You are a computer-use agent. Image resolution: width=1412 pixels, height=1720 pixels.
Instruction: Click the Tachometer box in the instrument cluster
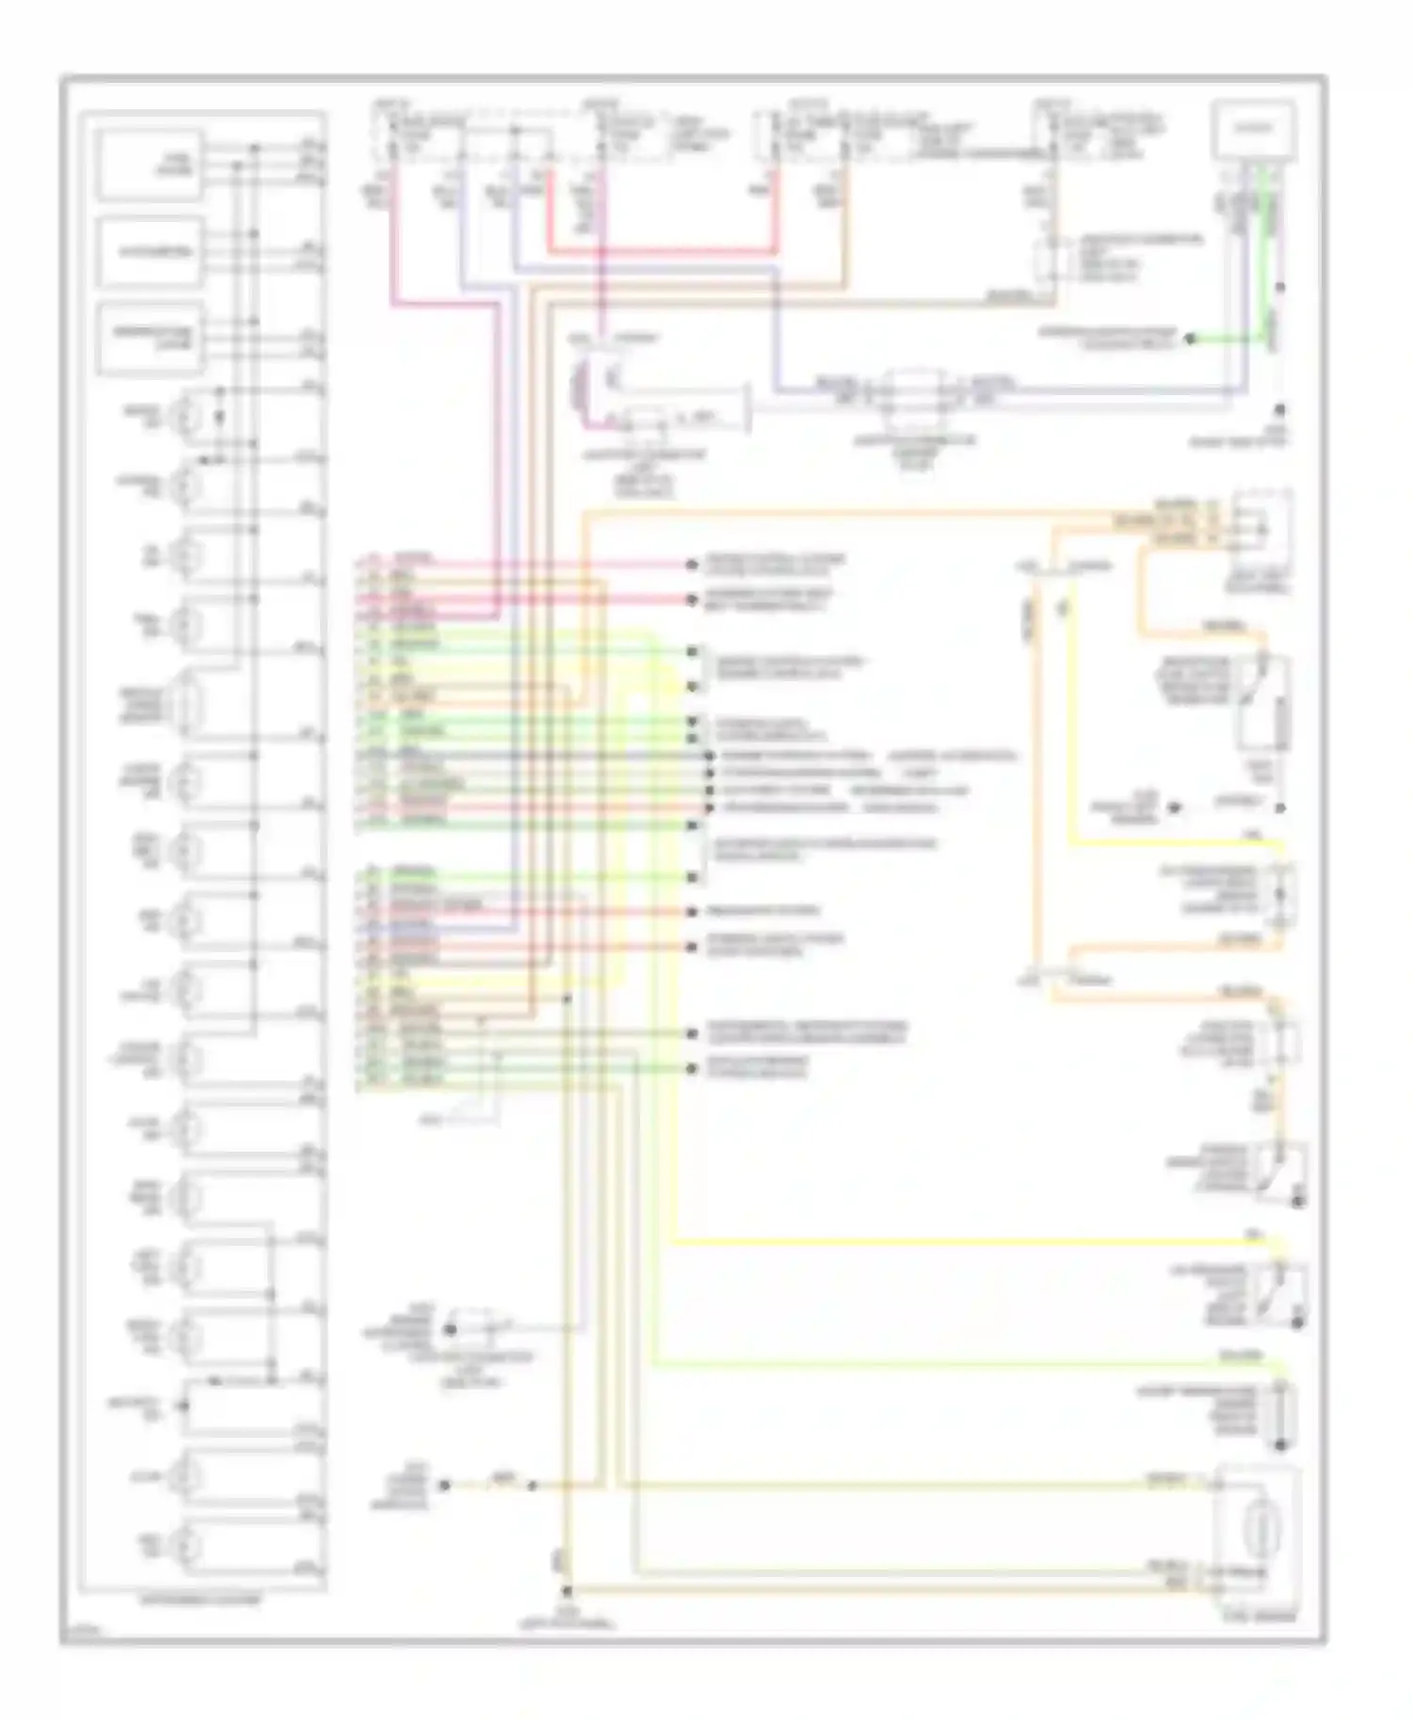[151, 251]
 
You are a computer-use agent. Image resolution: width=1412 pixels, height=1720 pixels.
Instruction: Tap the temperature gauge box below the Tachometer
[151, 338]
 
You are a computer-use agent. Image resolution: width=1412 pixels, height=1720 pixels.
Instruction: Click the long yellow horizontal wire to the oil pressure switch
[970, 1243]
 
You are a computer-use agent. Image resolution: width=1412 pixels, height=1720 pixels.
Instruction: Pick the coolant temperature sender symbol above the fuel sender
[1280, 1412]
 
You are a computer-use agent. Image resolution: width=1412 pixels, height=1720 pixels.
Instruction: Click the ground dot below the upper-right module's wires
[1280, 410]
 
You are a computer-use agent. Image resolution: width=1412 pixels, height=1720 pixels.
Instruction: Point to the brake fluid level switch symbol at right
[1261, 706]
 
